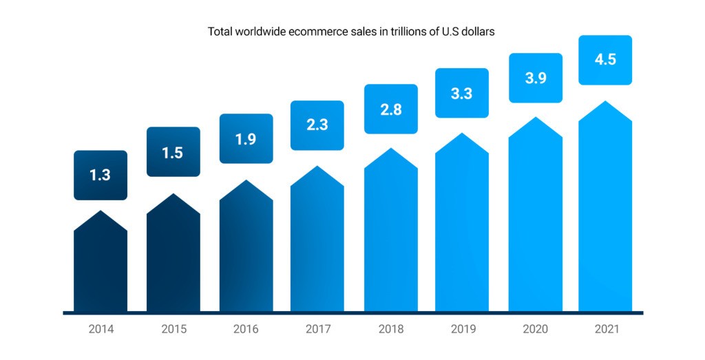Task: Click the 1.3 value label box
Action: (100, 175)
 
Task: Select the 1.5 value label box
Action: (173, 152)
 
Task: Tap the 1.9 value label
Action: (246, 138)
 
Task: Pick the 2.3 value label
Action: (317, 125)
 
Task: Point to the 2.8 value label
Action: (390, 109)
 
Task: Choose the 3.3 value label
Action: (461, 93)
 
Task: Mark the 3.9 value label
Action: (535, 78)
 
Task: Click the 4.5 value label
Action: (605, 59)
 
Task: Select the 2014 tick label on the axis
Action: (101, 329)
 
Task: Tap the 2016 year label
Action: (246, 329)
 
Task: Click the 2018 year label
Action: (390, 329)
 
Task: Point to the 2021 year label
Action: (607, 329)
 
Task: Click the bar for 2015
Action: (173, 262)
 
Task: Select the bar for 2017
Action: (317, 248)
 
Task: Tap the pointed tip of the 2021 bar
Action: (605, 103)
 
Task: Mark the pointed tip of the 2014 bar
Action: (101, 213)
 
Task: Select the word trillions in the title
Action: (395, 32)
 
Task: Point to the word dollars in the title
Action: (476, 32)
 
